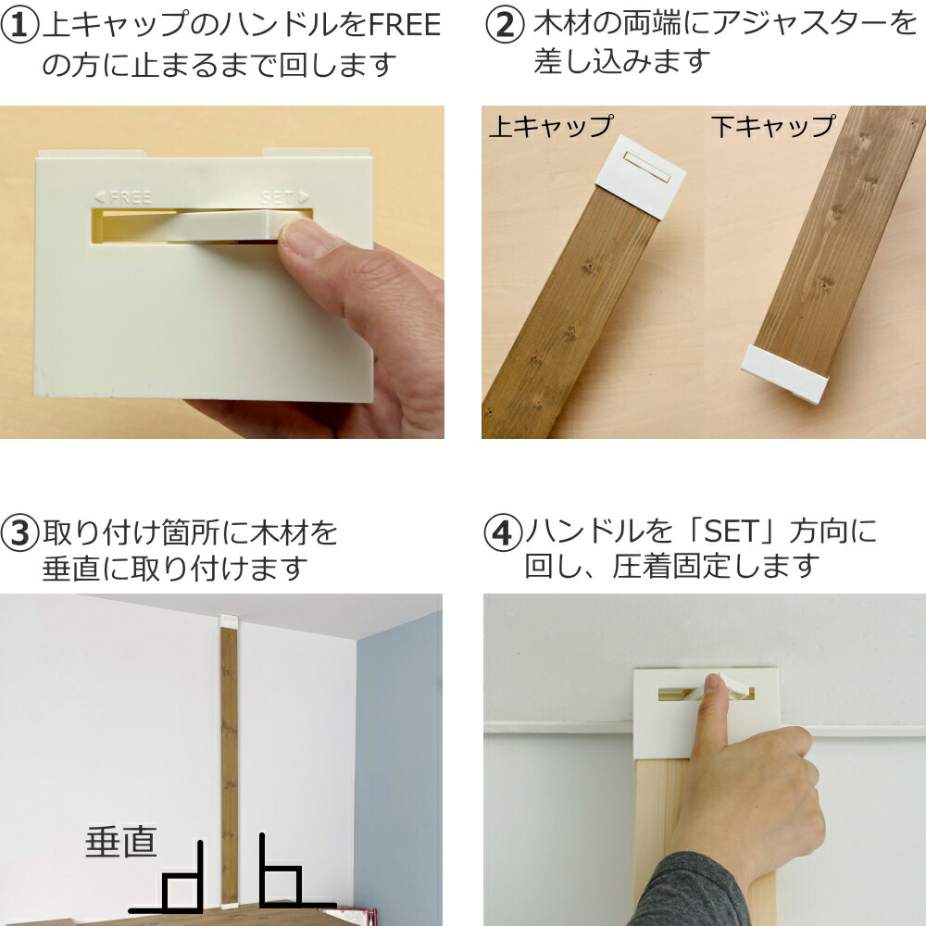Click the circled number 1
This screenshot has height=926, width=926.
19,25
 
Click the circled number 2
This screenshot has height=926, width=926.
505,25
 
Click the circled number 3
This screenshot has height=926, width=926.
19,533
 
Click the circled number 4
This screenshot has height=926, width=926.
503,533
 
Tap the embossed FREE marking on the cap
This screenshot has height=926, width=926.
123,196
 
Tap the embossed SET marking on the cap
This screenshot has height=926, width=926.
285,196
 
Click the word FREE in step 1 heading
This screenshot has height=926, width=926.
405,25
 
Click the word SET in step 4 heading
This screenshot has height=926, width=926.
732,532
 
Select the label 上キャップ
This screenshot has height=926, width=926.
552,126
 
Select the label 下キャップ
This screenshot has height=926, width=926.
773,126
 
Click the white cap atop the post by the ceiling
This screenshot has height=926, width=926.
229,620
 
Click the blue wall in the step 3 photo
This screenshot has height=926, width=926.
398,768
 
